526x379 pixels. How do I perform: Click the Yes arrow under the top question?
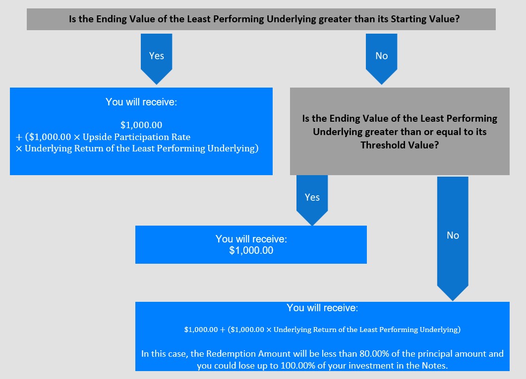156,58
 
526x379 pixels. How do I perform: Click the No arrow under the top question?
381,58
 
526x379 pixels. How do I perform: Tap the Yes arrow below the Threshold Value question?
312,200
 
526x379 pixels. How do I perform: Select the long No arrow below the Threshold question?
453,238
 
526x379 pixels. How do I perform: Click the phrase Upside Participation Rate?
136,137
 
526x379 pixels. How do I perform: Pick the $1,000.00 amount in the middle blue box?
251,250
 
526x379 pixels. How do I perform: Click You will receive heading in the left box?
141,102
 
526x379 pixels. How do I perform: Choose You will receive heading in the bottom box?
322,308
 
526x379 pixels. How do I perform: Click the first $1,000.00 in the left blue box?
141,125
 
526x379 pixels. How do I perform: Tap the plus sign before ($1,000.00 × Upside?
19,137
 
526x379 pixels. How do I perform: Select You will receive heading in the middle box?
251,238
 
